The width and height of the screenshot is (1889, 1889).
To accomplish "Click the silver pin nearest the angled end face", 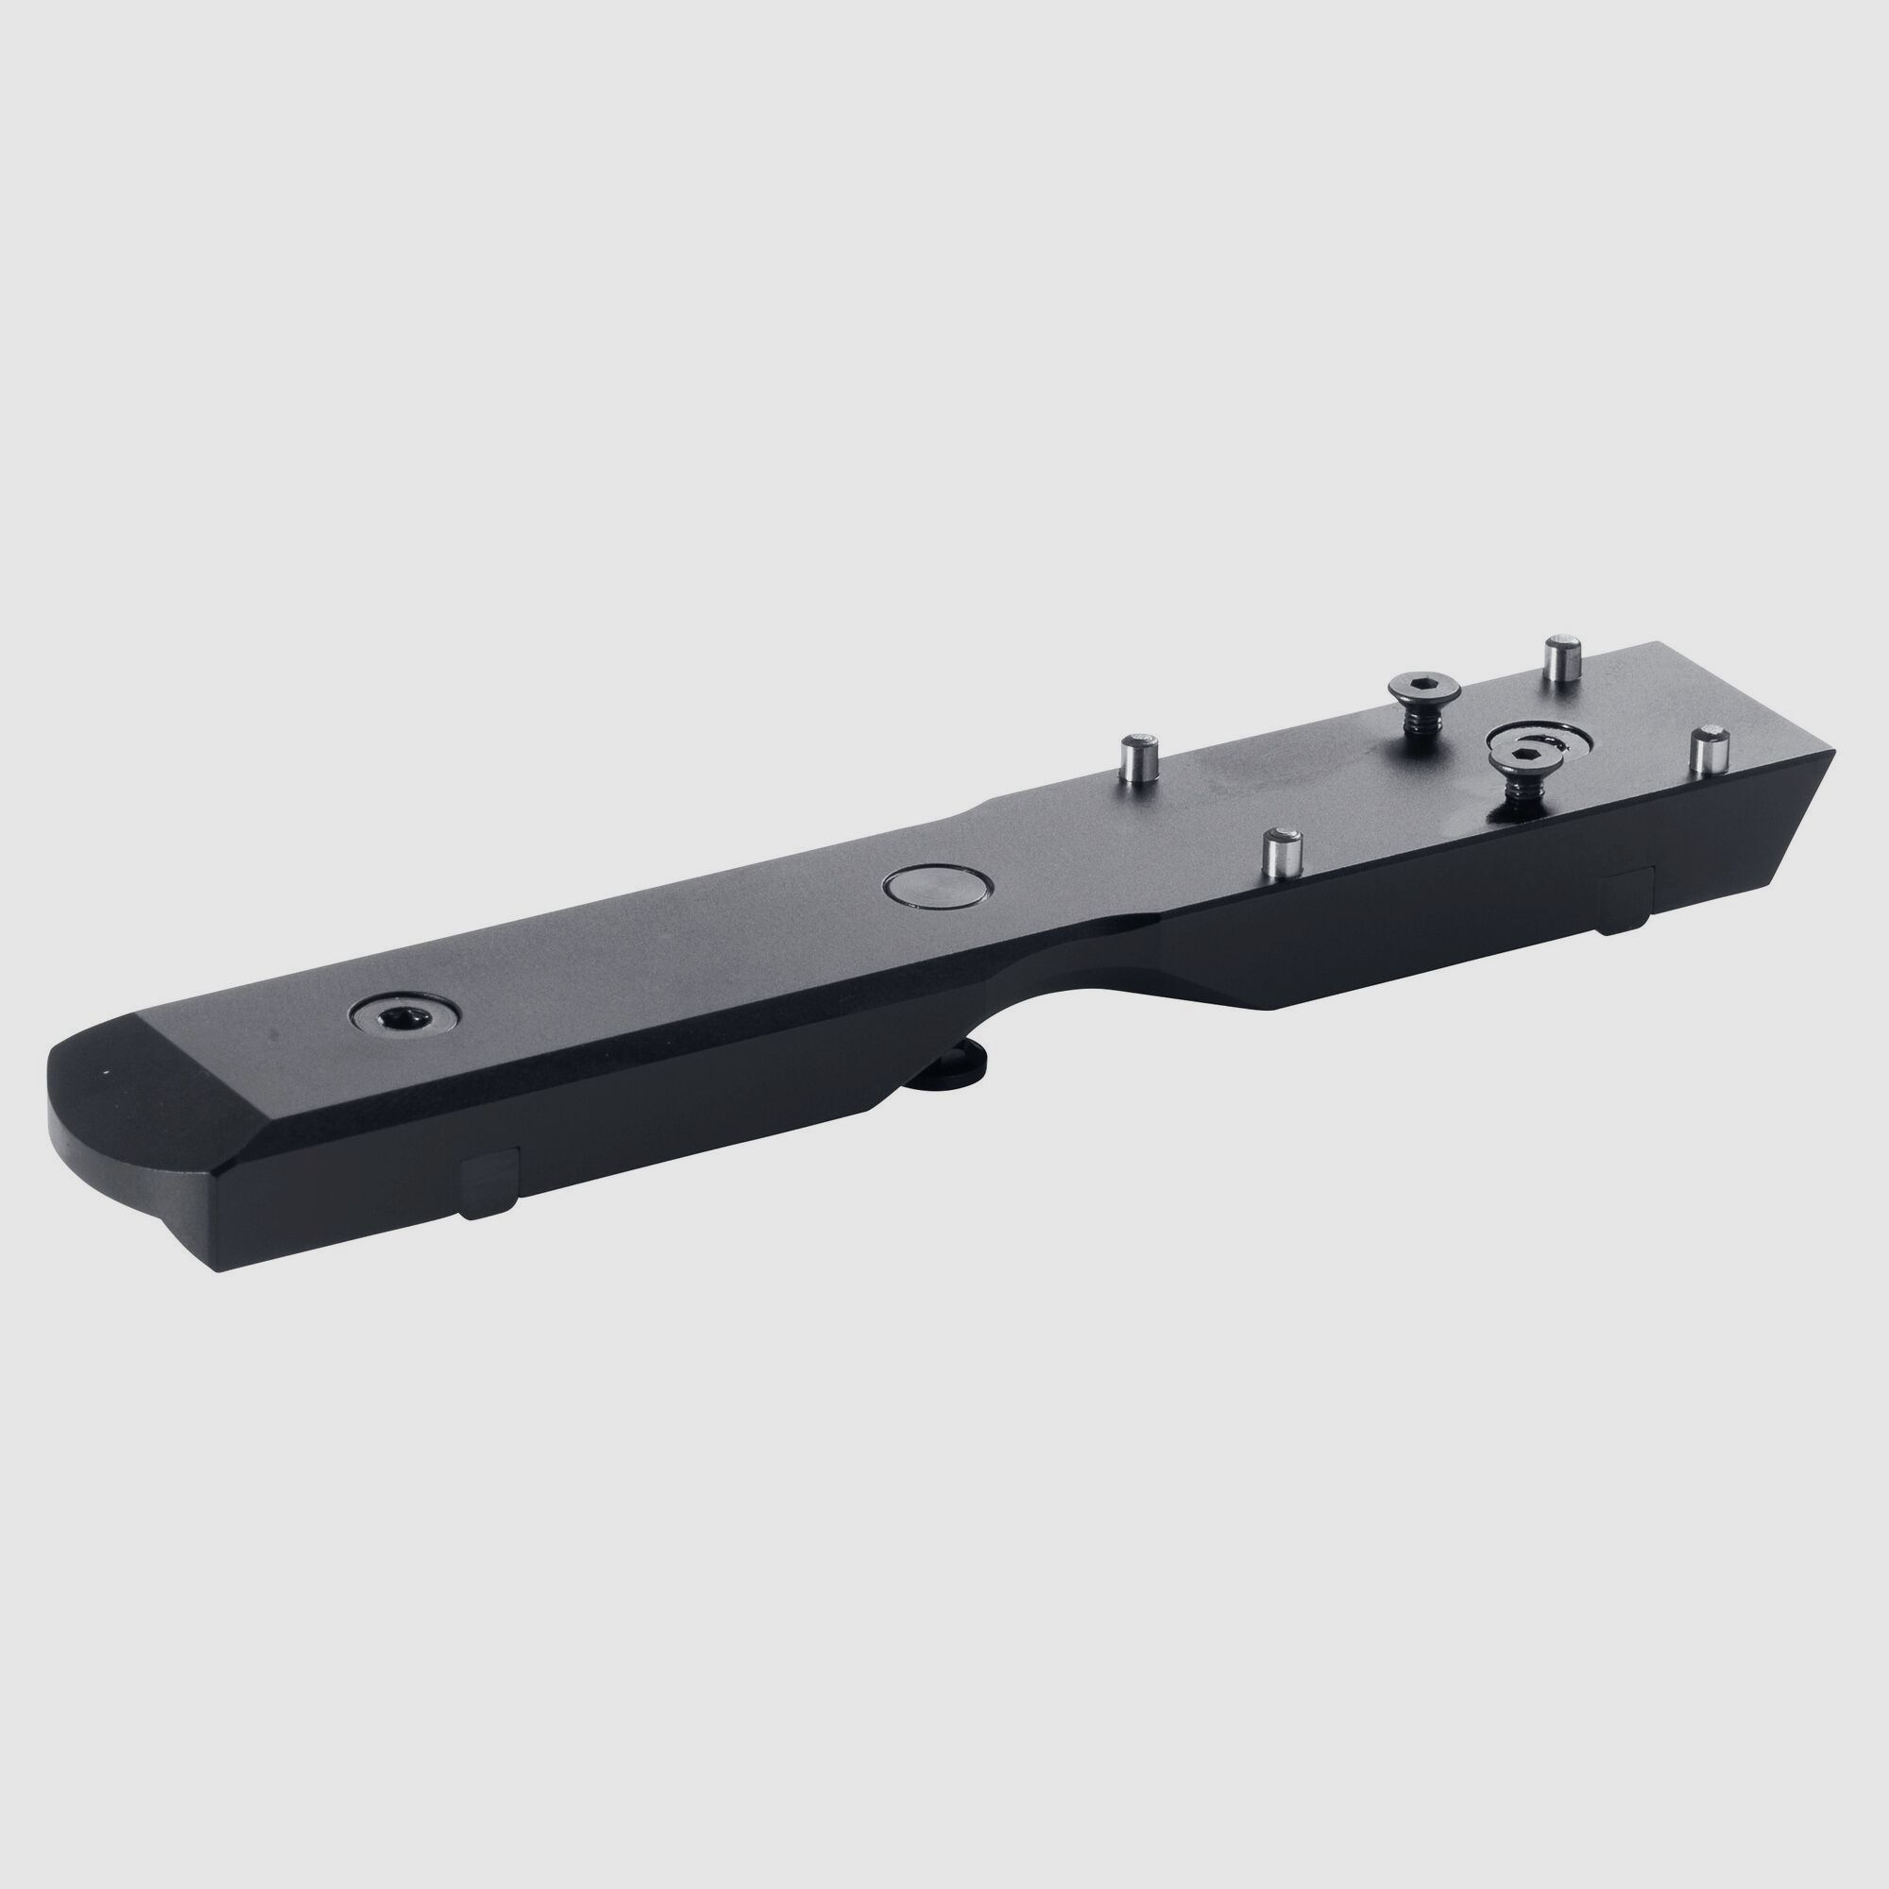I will point(1710,752).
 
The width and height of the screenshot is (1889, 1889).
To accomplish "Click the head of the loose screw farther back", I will point(1424,690).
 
